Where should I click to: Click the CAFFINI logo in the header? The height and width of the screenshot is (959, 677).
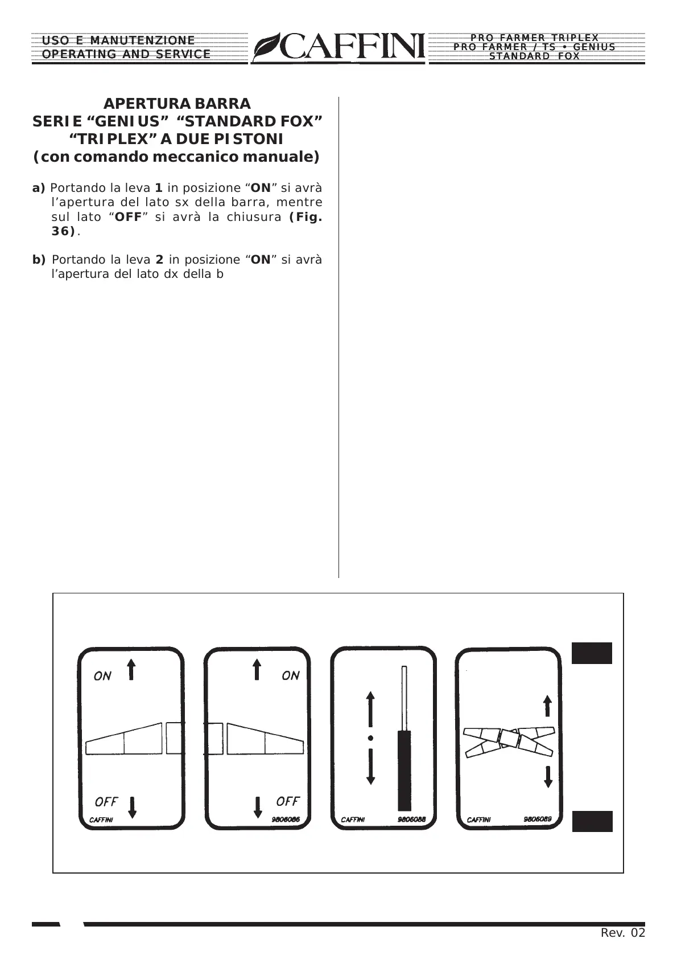click(339, 47)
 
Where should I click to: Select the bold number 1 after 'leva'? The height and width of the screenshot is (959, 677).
click(159, 188)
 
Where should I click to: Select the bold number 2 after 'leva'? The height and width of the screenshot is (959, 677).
click(160, 260)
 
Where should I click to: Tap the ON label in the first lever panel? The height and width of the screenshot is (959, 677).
click(102, 676)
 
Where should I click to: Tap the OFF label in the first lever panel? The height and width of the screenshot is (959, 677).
click(106, 801)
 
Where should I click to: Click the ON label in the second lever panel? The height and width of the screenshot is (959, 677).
click(291, 675)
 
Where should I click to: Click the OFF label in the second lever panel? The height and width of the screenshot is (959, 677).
click(288, 801)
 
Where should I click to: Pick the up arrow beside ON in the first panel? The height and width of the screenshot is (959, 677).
click(131, 669)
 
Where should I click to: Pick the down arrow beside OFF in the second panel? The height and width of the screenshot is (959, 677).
click(258, 806)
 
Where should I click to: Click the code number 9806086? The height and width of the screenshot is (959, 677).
click(286, 819)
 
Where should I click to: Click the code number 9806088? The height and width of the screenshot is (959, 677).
click(412, 819)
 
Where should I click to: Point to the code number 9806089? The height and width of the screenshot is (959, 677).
click(538, 819)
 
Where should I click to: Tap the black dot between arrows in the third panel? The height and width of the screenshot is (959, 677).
click(370, 738)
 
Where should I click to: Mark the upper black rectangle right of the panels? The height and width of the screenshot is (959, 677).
click(592, 653)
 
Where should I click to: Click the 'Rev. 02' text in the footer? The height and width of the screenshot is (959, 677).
click(623, 933)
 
